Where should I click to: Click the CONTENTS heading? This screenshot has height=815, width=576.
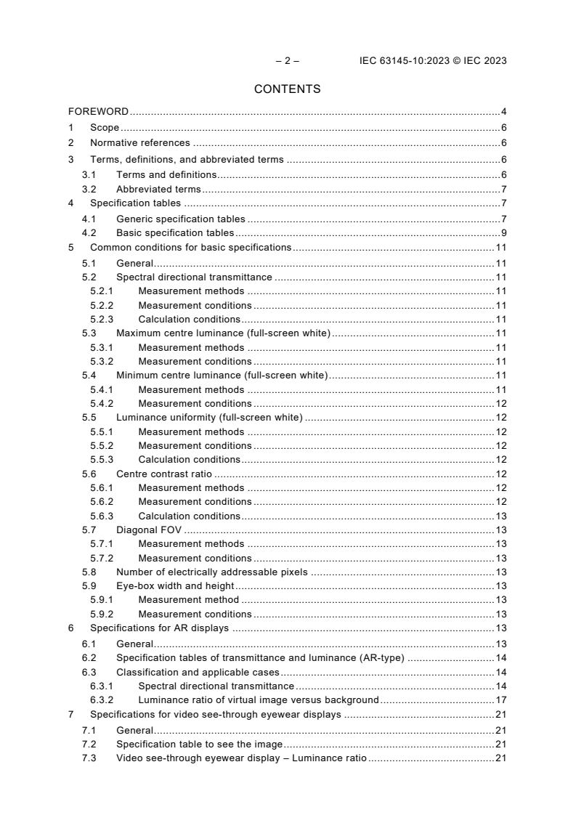coord(287,89)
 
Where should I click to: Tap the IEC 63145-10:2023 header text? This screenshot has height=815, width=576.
coord(433,61)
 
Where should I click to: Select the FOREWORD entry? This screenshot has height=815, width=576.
coord(98,112)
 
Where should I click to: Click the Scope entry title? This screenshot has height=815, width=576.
coord(105,129)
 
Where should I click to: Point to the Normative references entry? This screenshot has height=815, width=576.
coord(139,143)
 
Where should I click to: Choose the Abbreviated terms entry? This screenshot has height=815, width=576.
coord(158,190)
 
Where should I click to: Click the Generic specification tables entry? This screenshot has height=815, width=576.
coord(180,219)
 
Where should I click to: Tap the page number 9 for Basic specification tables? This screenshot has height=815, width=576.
coord(503,233)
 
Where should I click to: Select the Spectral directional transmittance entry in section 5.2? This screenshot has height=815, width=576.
coord(194,277)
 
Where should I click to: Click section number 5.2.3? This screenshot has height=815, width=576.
coord(102,319)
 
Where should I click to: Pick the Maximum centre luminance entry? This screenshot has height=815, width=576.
coord(223,333)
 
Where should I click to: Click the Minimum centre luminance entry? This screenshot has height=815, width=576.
coord(222,376)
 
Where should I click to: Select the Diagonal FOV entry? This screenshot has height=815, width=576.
coord(148,530)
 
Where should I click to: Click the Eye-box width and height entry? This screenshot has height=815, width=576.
coord(175,586)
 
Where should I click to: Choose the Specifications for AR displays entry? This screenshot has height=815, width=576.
coord(159,628)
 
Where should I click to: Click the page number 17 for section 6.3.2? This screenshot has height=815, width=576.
coord(500,700)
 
